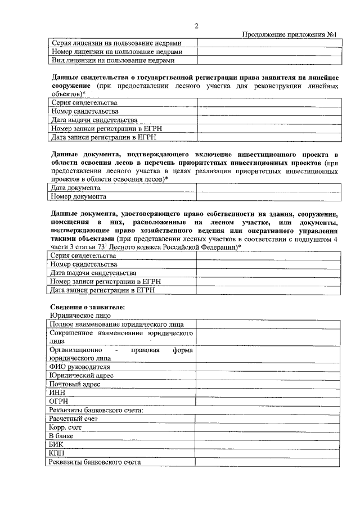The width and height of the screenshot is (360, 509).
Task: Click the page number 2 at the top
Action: pyautogui.click(x=196, y=25)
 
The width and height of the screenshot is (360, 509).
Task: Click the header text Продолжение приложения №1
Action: pyautogui.click(x=289, y=35)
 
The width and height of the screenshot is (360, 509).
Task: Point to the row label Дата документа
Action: pyautogui.click(x=76, y=188)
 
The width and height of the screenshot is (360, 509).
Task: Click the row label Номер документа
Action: pyautogui.click(x=78, y=196)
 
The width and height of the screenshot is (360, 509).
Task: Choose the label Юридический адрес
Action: pyautogui.click(x=82, y=375)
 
